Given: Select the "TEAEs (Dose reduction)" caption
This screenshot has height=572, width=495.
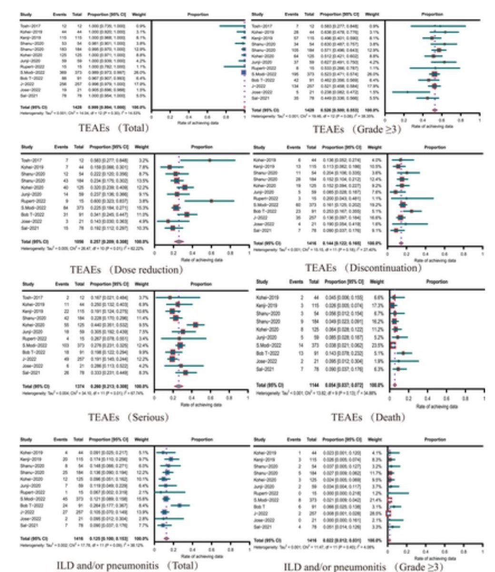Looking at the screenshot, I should [127, 269].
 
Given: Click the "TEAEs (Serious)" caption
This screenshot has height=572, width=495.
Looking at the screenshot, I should [129, 417].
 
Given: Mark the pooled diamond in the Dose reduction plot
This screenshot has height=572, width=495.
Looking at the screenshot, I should [178, 242].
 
